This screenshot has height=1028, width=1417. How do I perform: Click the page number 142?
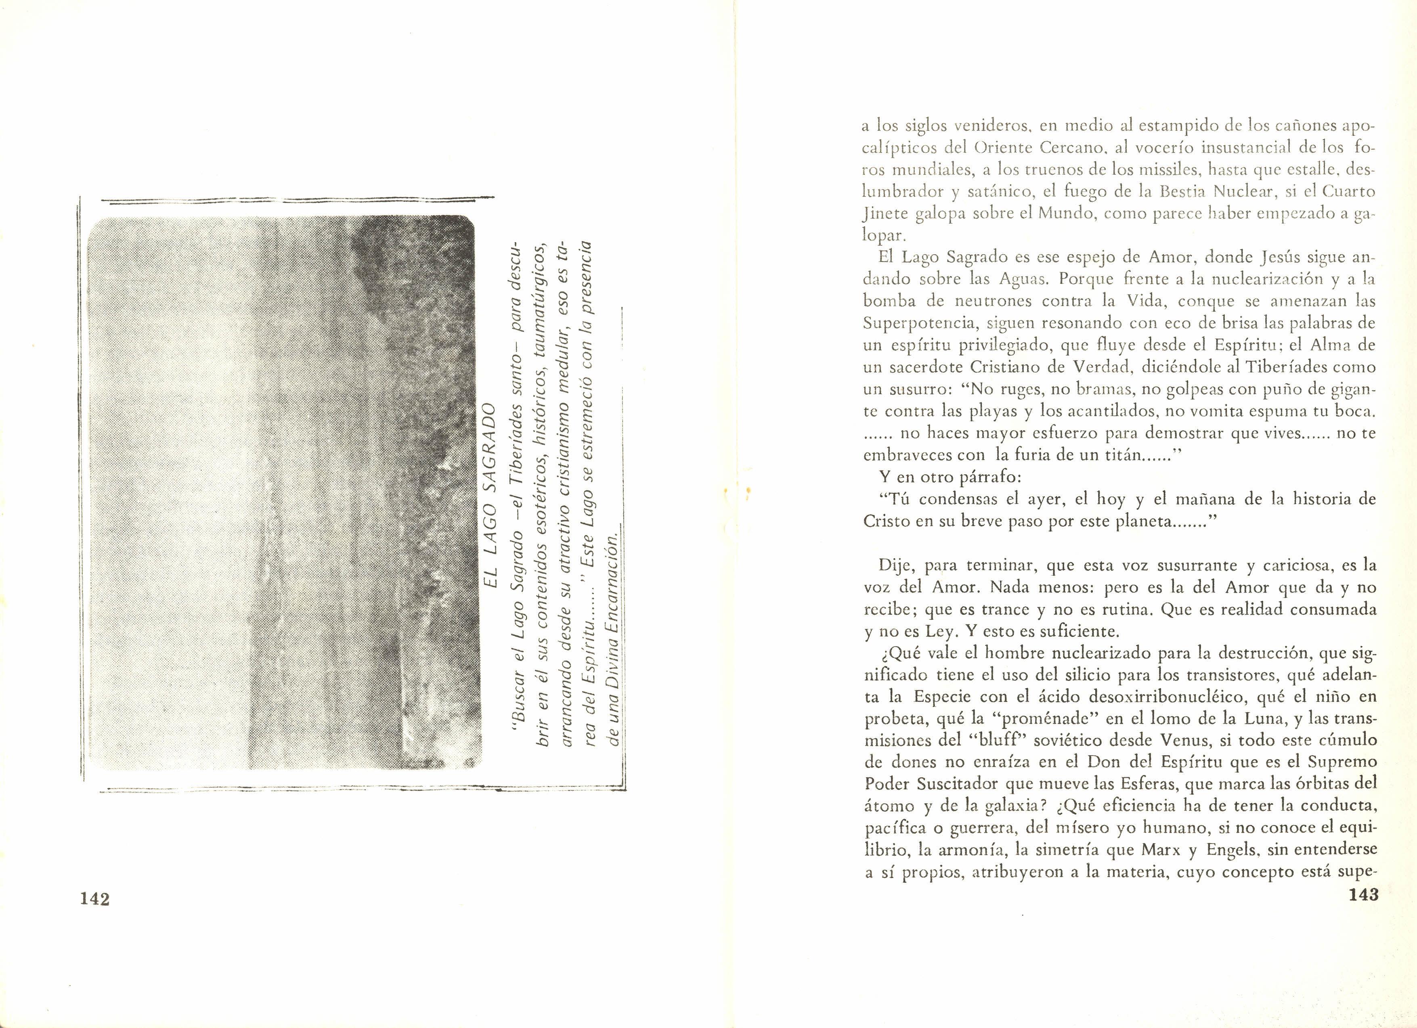[x=95, y=899]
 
